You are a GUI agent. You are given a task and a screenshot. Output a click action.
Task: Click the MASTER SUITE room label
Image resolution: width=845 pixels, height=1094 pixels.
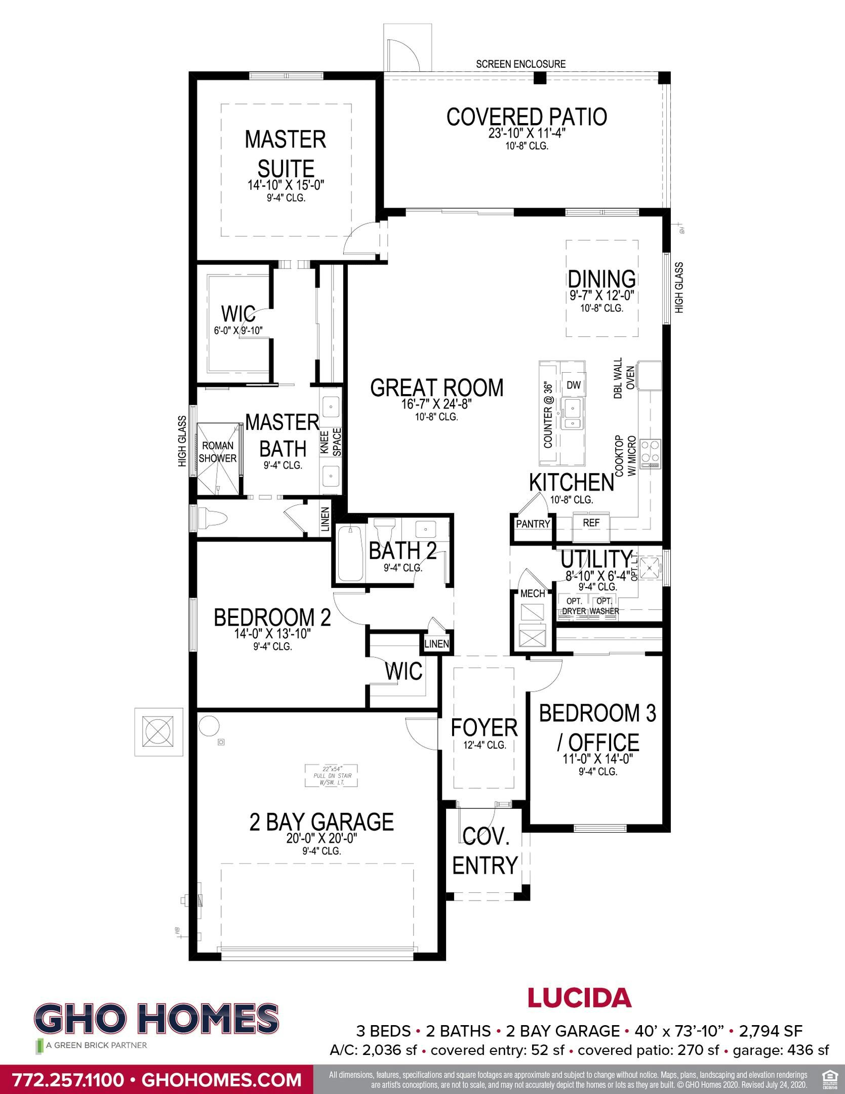(286, 154)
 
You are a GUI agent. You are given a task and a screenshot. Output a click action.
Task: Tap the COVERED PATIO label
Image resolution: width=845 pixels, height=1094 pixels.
(527, 116)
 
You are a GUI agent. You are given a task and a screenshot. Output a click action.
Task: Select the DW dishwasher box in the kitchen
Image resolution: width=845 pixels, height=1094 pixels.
(573, 385)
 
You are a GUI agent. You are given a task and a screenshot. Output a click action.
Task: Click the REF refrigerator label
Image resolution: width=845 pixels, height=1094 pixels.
(591, 523)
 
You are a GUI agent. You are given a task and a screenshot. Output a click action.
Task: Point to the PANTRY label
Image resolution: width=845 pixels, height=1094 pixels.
(533, 524)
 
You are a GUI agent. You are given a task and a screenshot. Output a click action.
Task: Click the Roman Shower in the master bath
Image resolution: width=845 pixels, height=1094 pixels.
(218, 452)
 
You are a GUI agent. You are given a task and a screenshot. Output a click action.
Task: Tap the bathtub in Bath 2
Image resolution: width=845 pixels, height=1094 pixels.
(349, 554)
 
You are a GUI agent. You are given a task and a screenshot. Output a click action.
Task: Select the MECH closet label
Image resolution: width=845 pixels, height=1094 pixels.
(533, 593)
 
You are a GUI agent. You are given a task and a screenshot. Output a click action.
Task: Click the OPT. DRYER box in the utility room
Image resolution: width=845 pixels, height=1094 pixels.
(574, 606)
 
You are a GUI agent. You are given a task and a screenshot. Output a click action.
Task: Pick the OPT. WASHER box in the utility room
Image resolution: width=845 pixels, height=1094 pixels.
(604, 606)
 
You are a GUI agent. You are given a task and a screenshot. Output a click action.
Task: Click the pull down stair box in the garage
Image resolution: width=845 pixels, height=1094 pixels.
(331, 775)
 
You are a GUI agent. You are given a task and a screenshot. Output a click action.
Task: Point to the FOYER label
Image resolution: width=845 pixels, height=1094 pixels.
(484, 728)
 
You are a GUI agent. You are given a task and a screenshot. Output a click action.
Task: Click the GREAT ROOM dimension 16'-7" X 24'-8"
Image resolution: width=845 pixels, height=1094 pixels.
(436, 406)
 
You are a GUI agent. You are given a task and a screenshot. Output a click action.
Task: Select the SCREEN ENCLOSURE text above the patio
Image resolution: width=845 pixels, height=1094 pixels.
(520, 64)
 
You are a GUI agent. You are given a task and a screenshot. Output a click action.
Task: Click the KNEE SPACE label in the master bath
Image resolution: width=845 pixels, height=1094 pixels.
(331, 442)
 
